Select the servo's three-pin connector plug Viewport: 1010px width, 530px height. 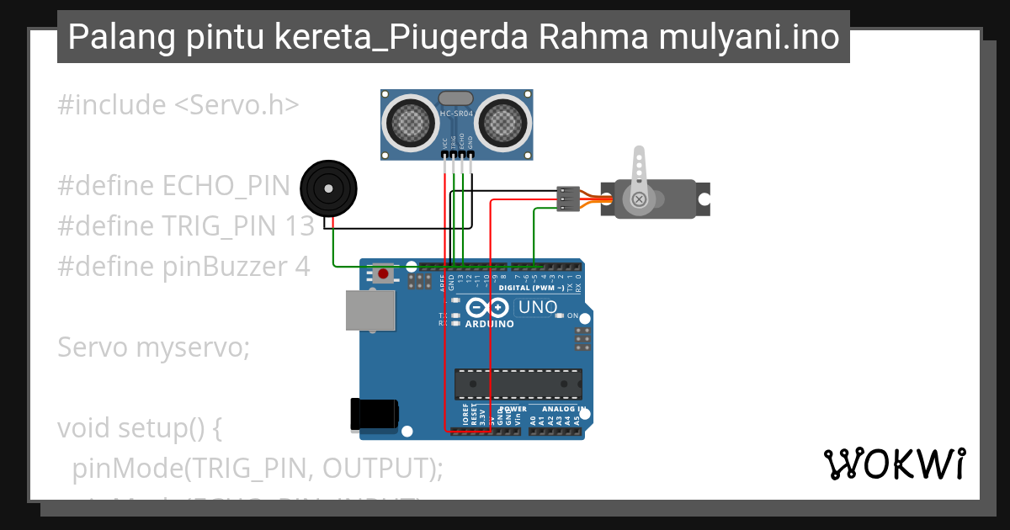point(568,199)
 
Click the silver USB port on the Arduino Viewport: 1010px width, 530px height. point(370,310)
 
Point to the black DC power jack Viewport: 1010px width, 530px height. point(373,415)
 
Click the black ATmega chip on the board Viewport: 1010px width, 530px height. point(518,384)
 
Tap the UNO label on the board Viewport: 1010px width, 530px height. point(538,308)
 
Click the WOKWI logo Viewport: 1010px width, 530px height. point(894,464)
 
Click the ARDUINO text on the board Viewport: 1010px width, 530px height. point(489,324)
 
